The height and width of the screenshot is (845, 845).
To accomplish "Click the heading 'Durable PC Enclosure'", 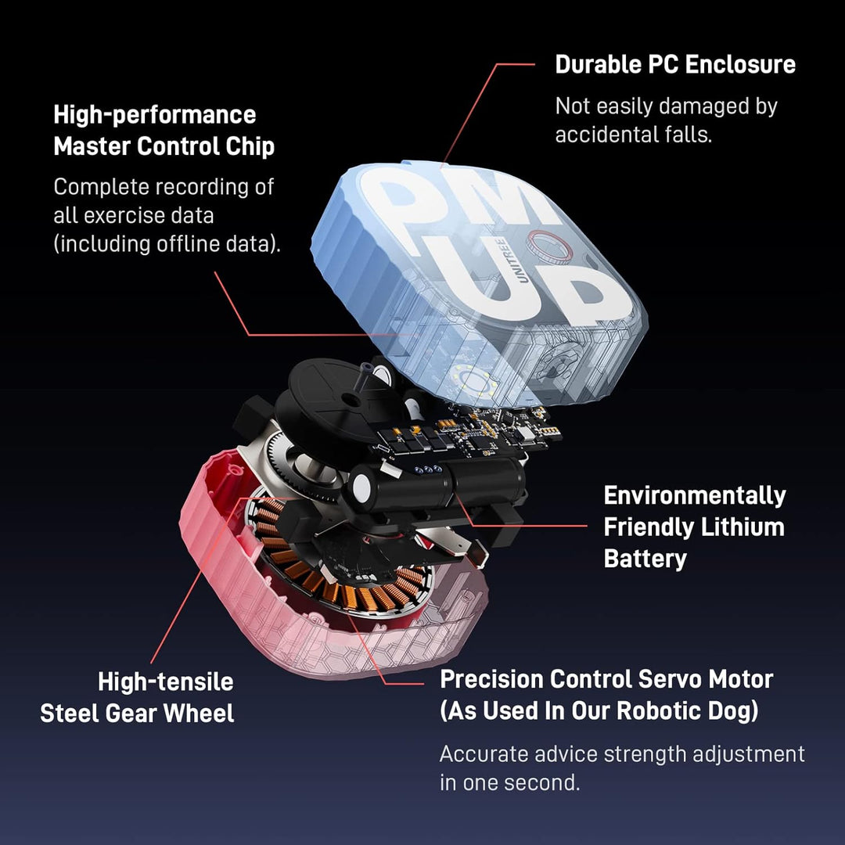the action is pyautogui.click(x=675, y=65).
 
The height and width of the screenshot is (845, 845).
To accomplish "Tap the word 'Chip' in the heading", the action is pyautogui.click(x=250, y=146).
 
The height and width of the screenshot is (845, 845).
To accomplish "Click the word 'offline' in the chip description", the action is pyautogui.click(x=181, y=244).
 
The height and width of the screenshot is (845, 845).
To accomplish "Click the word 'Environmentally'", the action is pyautogui.click(x=695, y=496).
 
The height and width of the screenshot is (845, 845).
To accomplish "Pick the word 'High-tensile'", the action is pyautogui.click(x=165, y=682).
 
